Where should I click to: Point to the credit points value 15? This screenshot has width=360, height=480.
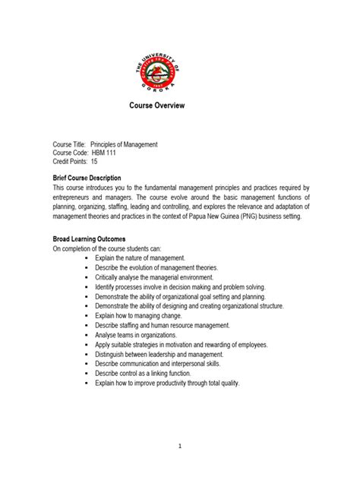(x=95, y=161)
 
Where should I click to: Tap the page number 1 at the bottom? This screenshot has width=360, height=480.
(x=180, y=447)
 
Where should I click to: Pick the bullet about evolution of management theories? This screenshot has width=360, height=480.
(x=156, y=268)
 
